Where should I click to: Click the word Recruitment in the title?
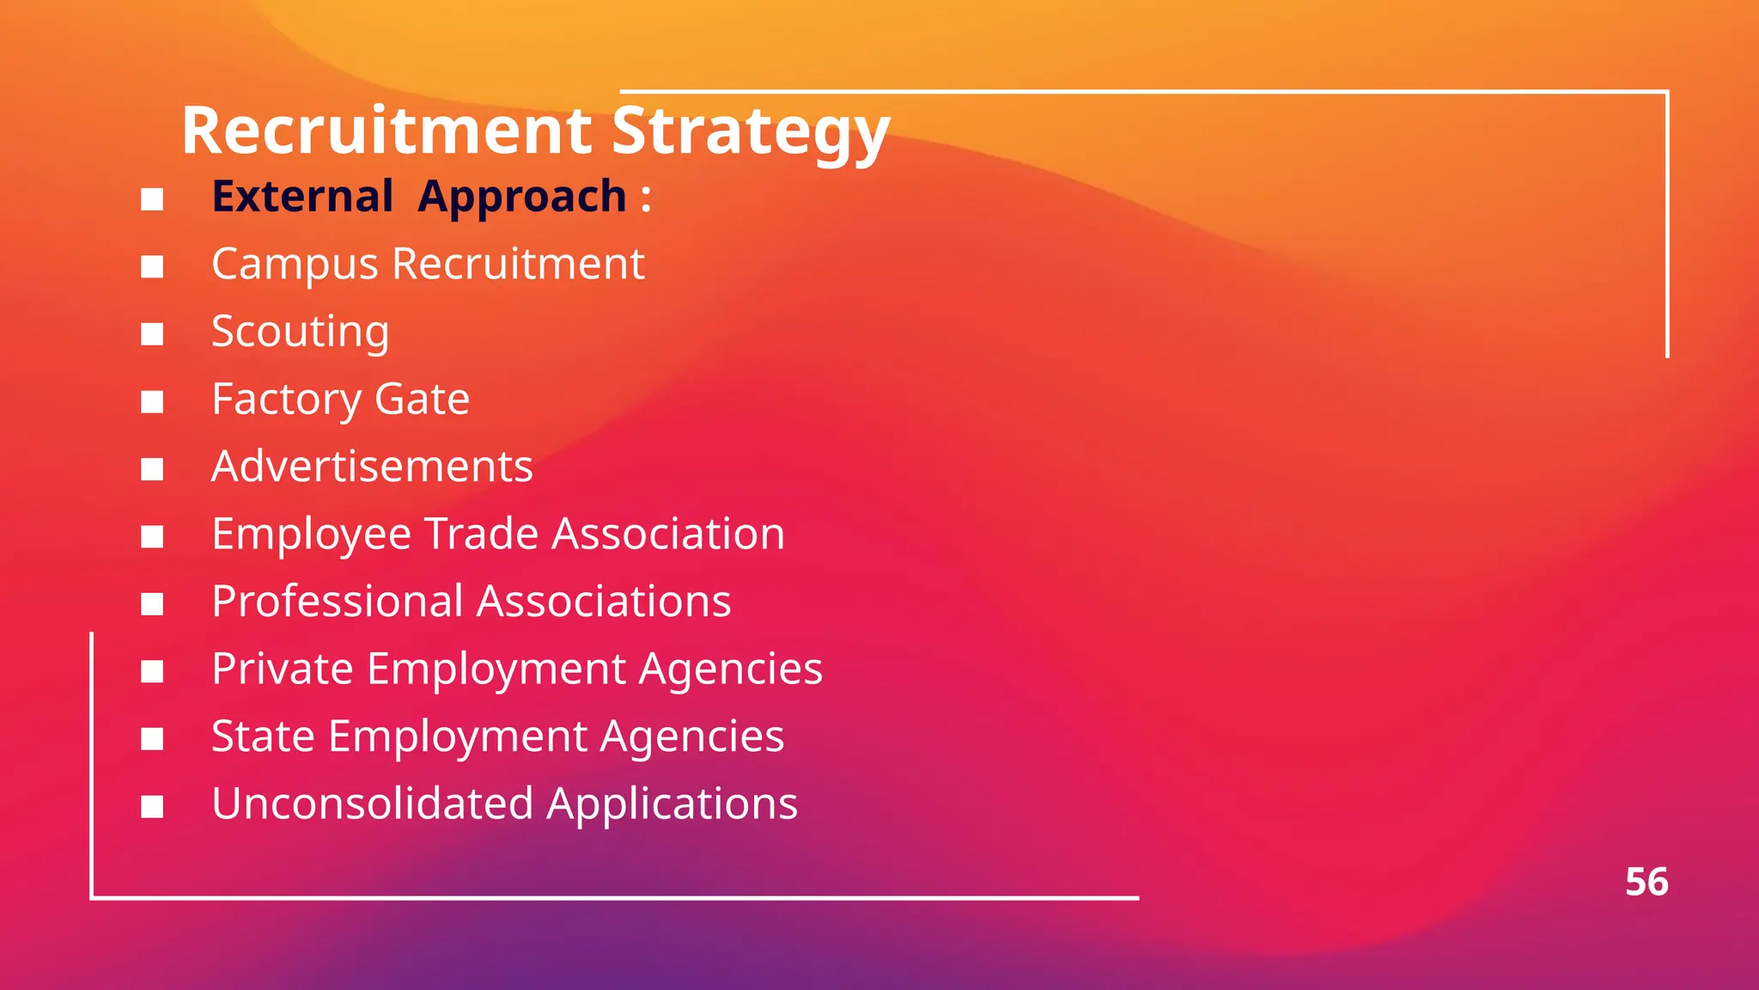[x=386, y=131]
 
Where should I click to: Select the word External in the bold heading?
[x=302, y=196]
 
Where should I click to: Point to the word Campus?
[x=294, y=265]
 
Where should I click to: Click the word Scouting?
[x=300, y=333]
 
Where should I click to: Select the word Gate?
[x=422, y=399]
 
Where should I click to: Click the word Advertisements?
[x=372, y=467]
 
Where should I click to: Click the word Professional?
[x=337, y=601]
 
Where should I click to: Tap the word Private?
[x=282, y=669]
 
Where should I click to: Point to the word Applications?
[x=672, y=805]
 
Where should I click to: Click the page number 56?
[x=1646, y=883]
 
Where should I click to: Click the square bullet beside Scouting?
[x=152, y=334]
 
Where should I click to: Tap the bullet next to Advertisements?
[x=152, y=469]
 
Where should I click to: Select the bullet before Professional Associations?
[x=152, y=604]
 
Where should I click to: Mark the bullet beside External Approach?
[x=152, y=199]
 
